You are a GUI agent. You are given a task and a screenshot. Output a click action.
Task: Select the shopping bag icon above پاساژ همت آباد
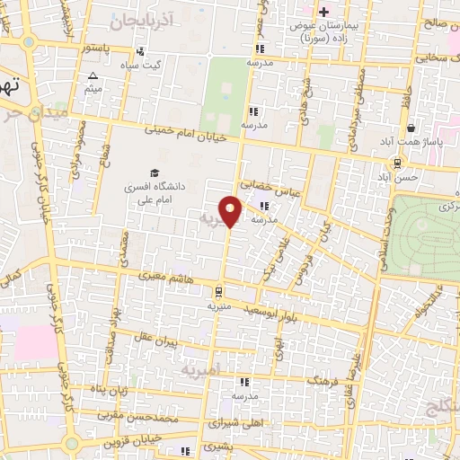(411, 128)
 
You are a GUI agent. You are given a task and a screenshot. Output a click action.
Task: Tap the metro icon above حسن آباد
(395, 163)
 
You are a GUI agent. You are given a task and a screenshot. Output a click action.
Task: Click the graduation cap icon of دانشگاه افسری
(154, 172)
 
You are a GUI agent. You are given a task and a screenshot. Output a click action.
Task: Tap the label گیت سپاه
(145, 65)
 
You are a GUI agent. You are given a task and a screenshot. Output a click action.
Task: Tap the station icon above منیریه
(218, 291)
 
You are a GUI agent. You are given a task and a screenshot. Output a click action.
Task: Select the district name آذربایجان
(138, 18)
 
